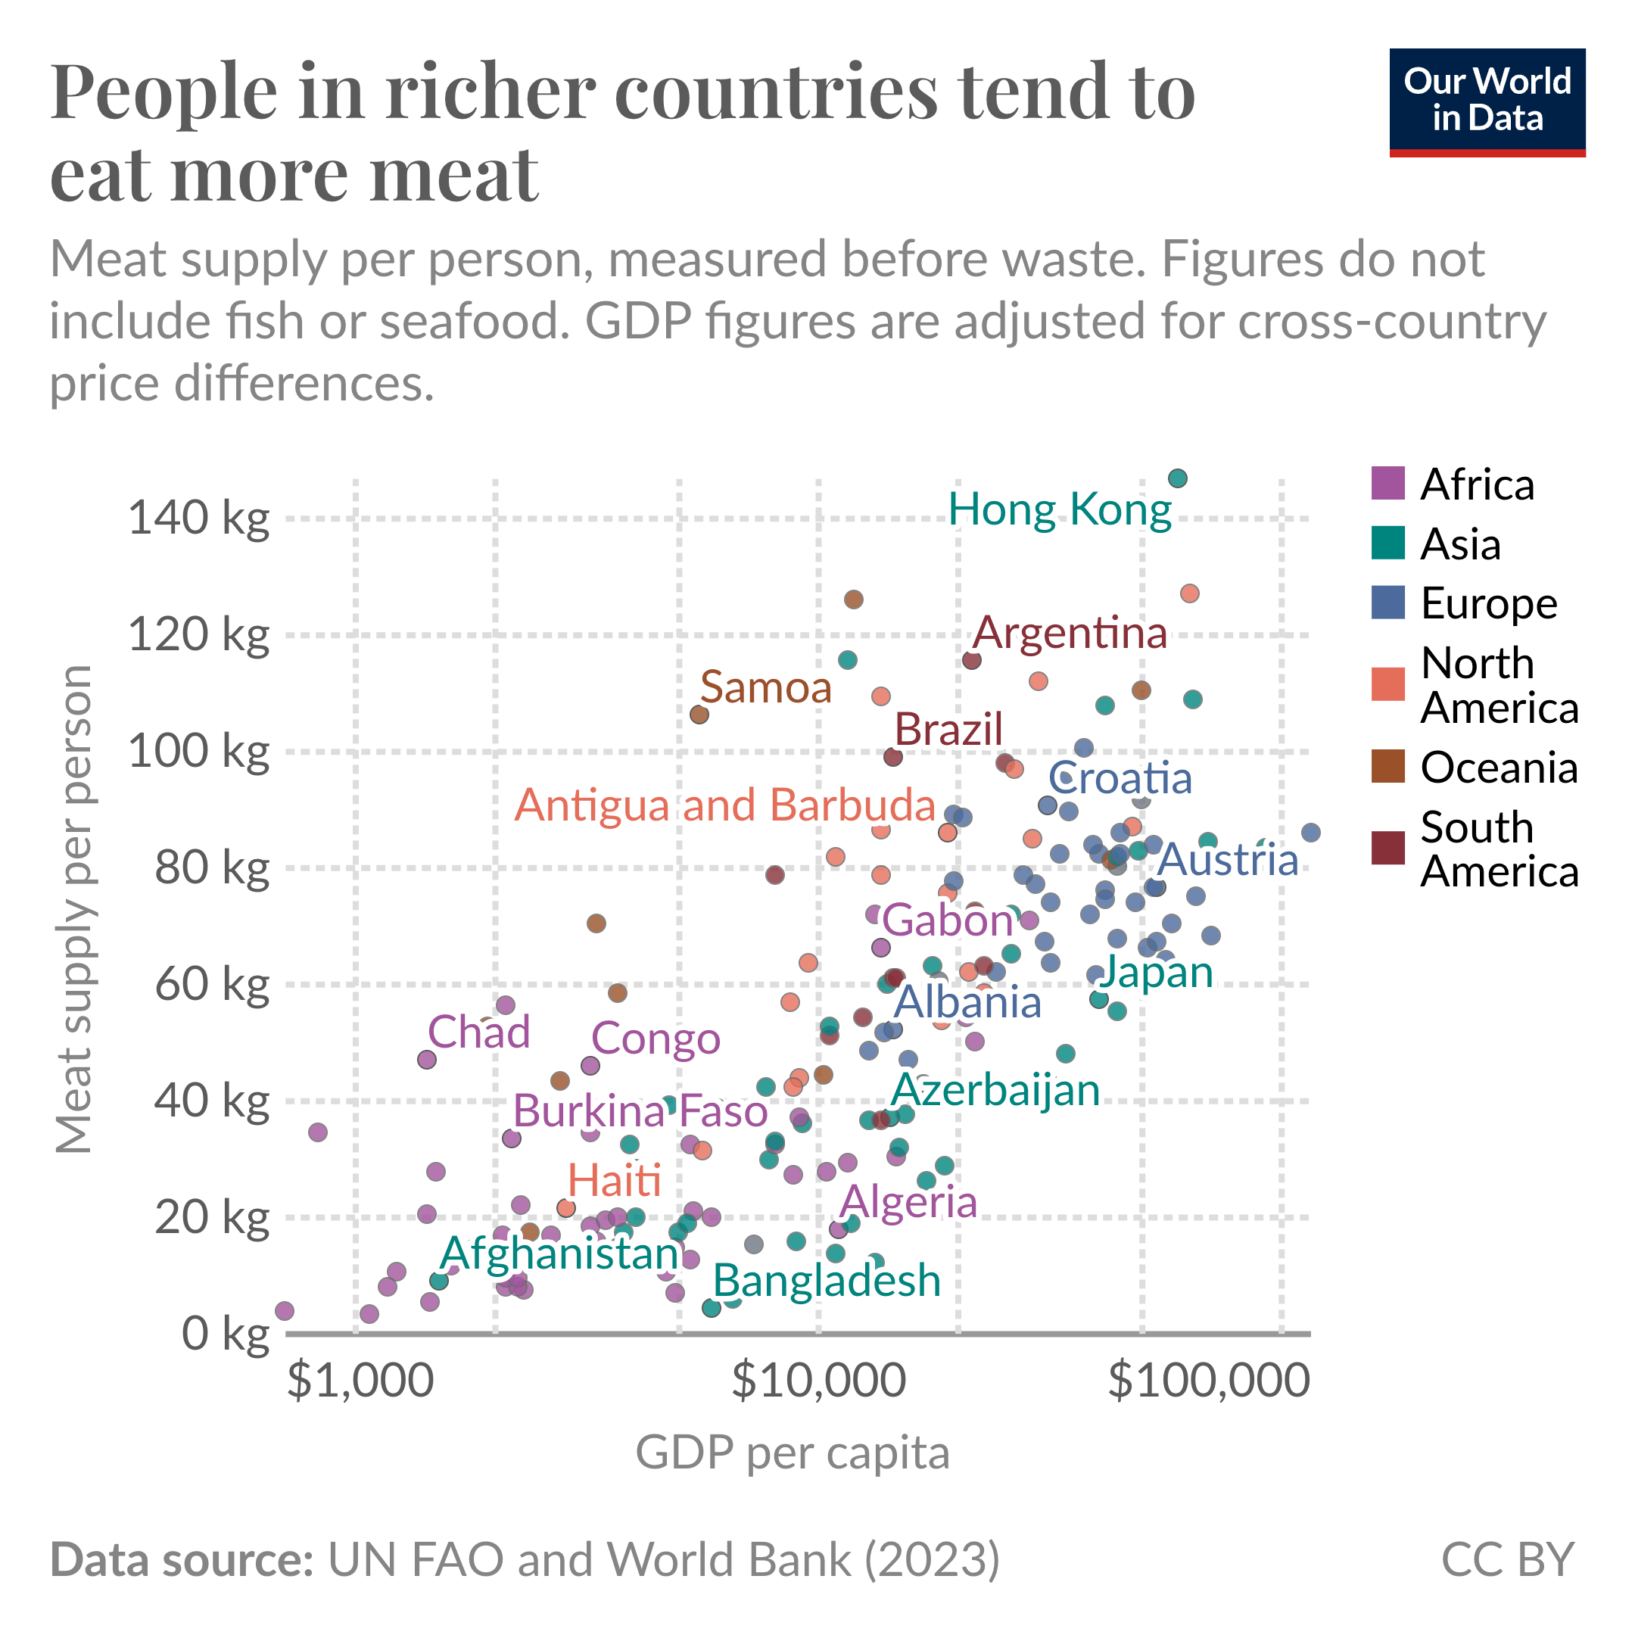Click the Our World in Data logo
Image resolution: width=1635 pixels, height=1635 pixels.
[1487, 102]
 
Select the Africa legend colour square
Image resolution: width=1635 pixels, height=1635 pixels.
[1388, 483]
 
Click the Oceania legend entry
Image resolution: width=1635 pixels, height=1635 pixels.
[1475, 768]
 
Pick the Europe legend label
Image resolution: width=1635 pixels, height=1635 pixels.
[1489, 603]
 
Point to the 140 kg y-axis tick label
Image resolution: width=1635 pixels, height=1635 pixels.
[199, 517]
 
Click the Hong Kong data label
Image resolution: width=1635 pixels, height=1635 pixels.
[1060, 510]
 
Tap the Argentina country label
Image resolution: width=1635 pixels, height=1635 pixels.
[1070, 632]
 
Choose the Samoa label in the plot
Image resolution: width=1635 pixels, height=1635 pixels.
[766, 687]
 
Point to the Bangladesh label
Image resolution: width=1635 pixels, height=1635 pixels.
[827, 1281]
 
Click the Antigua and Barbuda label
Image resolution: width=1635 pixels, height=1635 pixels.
[725, 805]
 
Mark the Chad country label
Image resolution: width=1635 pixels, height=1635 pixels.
[479, 1032]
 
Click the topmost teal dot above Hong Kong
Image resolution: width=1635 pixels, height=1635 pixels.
[1177, 479]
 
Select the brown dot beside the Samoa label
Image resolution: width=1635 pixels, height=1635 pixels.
[699, 715]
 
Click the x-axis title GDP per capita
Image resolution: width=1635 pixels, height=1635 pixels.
[793, 1453]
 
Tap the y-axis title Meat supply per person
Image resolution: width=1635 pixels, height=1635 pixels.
[73, 909]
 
